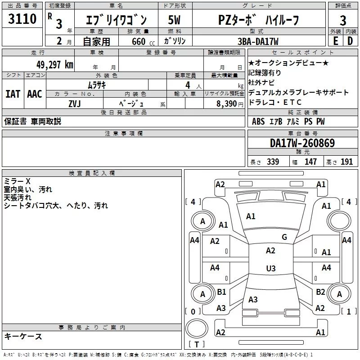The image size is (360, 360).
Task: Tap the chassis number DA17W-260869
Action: tap(302, 143)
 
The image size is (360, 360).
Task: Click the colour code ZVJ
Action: tap(74, 103)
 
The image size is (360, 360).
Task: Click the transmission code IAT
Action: tap(13, 94)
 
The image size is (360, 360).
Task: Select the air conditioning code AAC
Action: tap(35, 94)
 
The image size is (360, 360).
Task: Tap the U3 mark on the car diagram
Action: tap(270, 269)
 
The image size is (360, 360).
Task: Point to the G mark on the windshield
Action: tap(284, 237)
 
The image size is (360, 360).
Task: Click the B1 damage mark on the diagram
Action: tap(221, 292)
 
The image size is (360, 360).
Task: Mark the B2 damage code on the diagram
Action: tap(320, 292)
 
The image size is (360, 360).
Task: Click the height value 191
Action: tap(347, 162)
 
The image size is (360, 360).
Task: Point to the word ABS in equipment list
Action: tap(258, 121)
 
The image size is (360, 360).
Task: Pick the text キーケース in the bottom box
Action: tap(23, 337)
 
